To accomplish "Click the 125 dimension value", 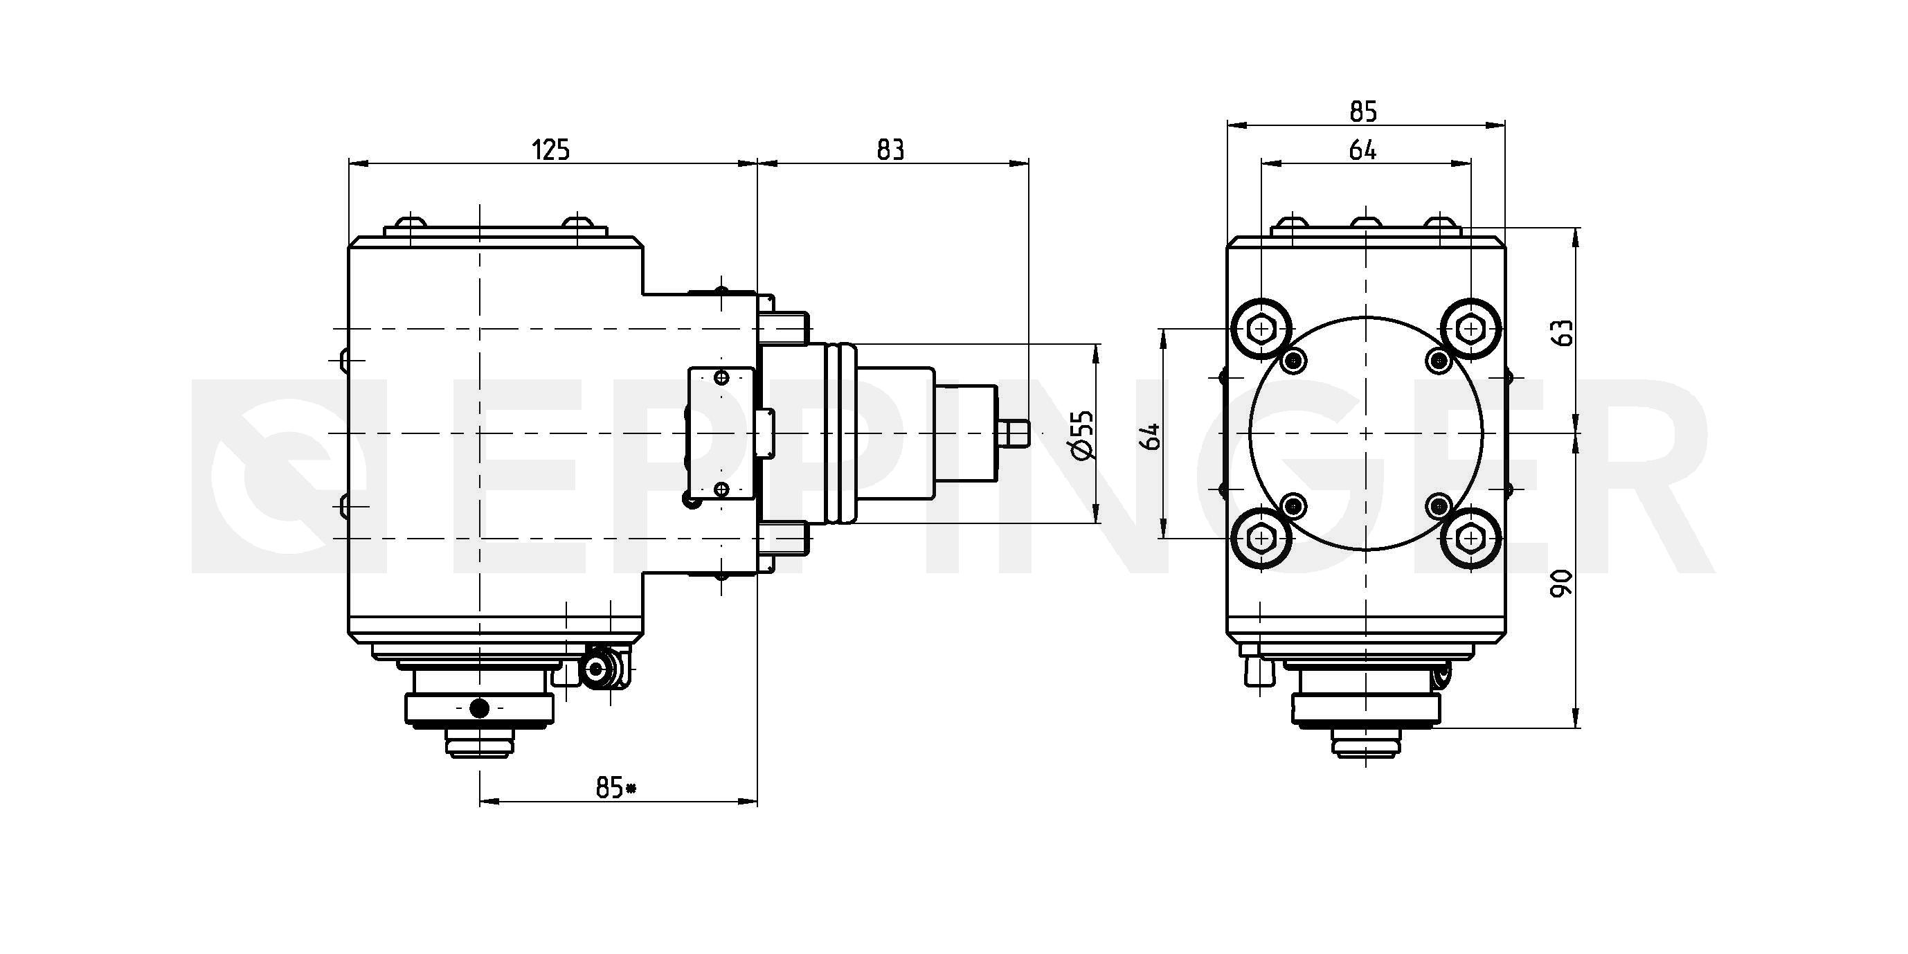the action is click(x=551, y=150).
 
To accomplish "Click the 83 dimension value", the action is click(x=890, y=150).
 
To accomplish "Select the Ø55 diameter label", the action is click(x=1082, y=435).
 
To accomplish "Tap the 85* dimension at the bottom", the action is click(x=615, y=788).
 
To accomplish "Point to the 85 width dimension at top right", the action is click(x=1363, y=112).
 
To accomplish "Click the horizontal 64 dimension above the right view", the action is click(x=1363, y=150).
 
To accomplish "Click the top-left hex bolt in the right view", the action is click(x=1261, y=329).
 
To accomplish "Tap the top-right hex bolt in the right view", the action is click(x=1471, y=329).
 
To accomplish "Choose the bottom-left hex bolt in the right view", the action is click(x=1261, y=539).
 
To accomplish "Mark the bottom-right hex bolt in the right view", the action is click(x=1471, y=539).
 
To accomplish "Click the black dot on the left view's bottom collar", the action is click(x=480, y=708).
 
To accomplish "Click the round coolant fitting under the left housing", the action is click(x=597, y=669).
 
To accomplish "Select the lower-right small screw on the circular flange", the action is click(x=1439, y=506).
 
